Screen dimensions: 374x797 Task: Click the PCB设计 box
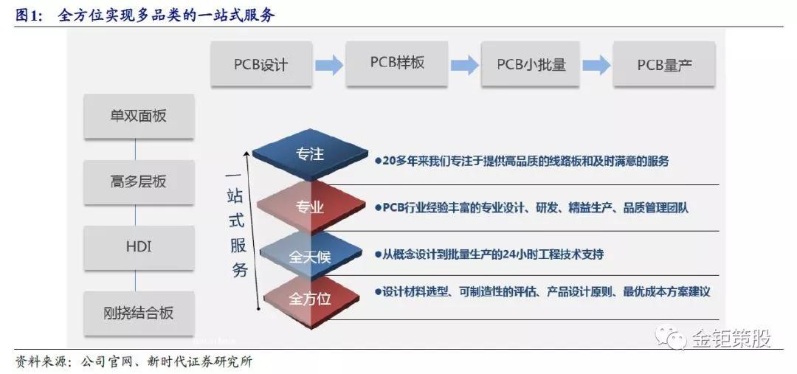pyautogui.click(x=261, y=64)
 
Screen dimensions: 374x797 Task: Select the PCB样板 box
pyautogui.click(x=397, y=63)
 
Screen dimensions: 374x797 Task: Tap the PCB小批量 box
pyautogui.click(x=531, y=64)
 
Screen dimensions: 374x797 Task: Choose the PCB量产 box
pyautogui.click(x=665, y=64)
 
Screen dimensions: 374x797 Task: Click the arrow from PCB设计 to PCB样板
pyautogui.click(x=328, y=64)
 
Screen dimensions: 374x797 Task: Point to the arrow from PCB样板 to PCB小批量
pyautogui.click(x=464, y=64)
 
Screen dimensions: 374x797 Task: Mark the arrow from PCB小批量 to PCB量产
pyautogui.click(x=598, y=64)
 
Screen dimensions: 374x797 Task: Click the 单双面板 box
pyautogui.click(x=139, y=116)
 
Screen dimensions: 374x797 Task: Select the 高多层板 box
pyautogui.click(x=139, y=181)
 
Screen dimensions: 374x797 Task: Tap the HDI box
pyautogui.click(x=139, y=246)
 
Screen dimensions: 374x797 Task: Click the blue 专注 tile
pyautogui.click(x=310, y=154)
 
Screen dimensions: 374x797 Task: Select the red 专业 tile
pyautogui.click(x=310, y=207)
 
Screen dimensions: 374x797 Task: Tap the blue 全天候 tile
pyautogui.click(x=310, y=256)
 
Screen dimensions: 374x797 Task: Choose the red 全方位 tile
pyautogui.click(x=310, y=299)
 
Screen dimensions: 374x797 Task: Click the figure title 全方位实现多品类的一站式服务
pyautogui.click(x=166, y=15)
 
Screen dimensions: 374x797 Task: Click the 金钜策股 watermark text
pyautogui.click(x=731, y=339)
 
